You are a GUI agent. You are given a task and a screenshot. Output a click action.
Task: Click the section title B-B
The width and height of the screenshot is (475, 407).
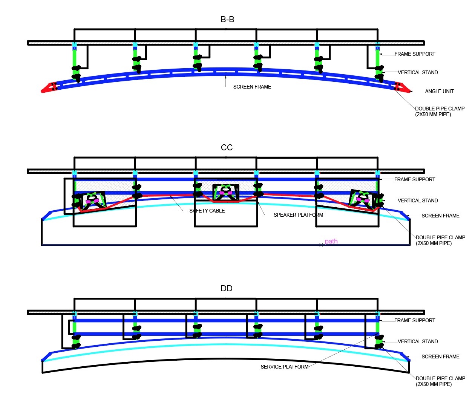(227, 20)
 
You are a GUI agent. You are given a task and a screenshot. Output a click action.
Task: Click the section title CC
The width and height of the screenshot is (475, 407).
(227, 148)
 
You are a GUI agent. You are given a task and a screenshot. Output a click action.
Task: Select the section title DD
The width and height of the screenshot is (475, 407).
(227, 289)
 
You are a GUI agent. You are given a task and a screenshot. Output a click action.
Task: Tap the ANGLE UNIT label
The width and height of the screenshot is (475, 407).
(439, 92)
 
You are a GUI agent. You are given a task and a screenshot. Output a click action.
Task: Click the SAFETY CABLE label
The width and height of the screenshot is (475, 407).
(207, 211)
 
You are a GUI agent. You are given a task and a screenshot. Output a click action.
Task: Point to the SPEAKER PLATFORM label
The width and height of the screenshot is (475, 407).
(298, 215)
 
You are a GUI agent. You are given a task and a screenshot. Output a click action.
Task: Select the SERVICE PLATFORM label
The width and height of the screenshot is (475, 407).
(284, 367)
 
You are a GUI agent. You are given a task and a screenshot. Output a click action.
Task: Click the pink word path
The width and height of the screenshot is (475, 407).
(331, 242)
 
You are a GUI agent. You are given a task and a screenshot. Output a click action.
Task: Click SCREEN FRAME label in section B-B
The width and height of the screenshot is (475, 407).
(252, 87)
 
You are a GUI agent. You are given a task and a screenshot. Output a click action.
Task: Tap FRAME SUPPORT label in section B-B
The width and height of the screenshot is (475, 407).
(415, 54)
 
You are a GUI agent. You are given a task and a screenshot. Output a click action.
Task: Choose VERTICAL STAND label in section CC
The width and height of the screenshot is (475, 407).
(418, 201)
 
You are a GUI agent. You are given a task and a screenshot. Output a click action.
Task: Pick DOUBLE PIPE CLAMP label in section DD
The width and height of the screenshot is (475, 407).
(440, 381)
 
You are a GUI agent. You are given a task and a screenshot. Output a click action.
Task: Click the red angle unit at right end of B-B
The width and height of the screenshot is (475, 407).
(402, 88)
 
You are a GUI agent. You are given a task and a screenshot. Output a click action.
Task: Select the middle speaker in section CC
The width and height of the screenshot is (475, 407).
(226, 192)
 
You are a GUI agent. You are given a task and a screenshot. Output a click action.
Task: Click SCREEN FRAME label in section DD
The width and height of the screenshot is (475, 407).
(440, 357)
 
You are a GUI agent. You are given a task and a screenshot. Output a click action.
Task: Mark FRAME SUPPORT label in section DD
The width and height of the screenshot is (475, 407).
(415, 321)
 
